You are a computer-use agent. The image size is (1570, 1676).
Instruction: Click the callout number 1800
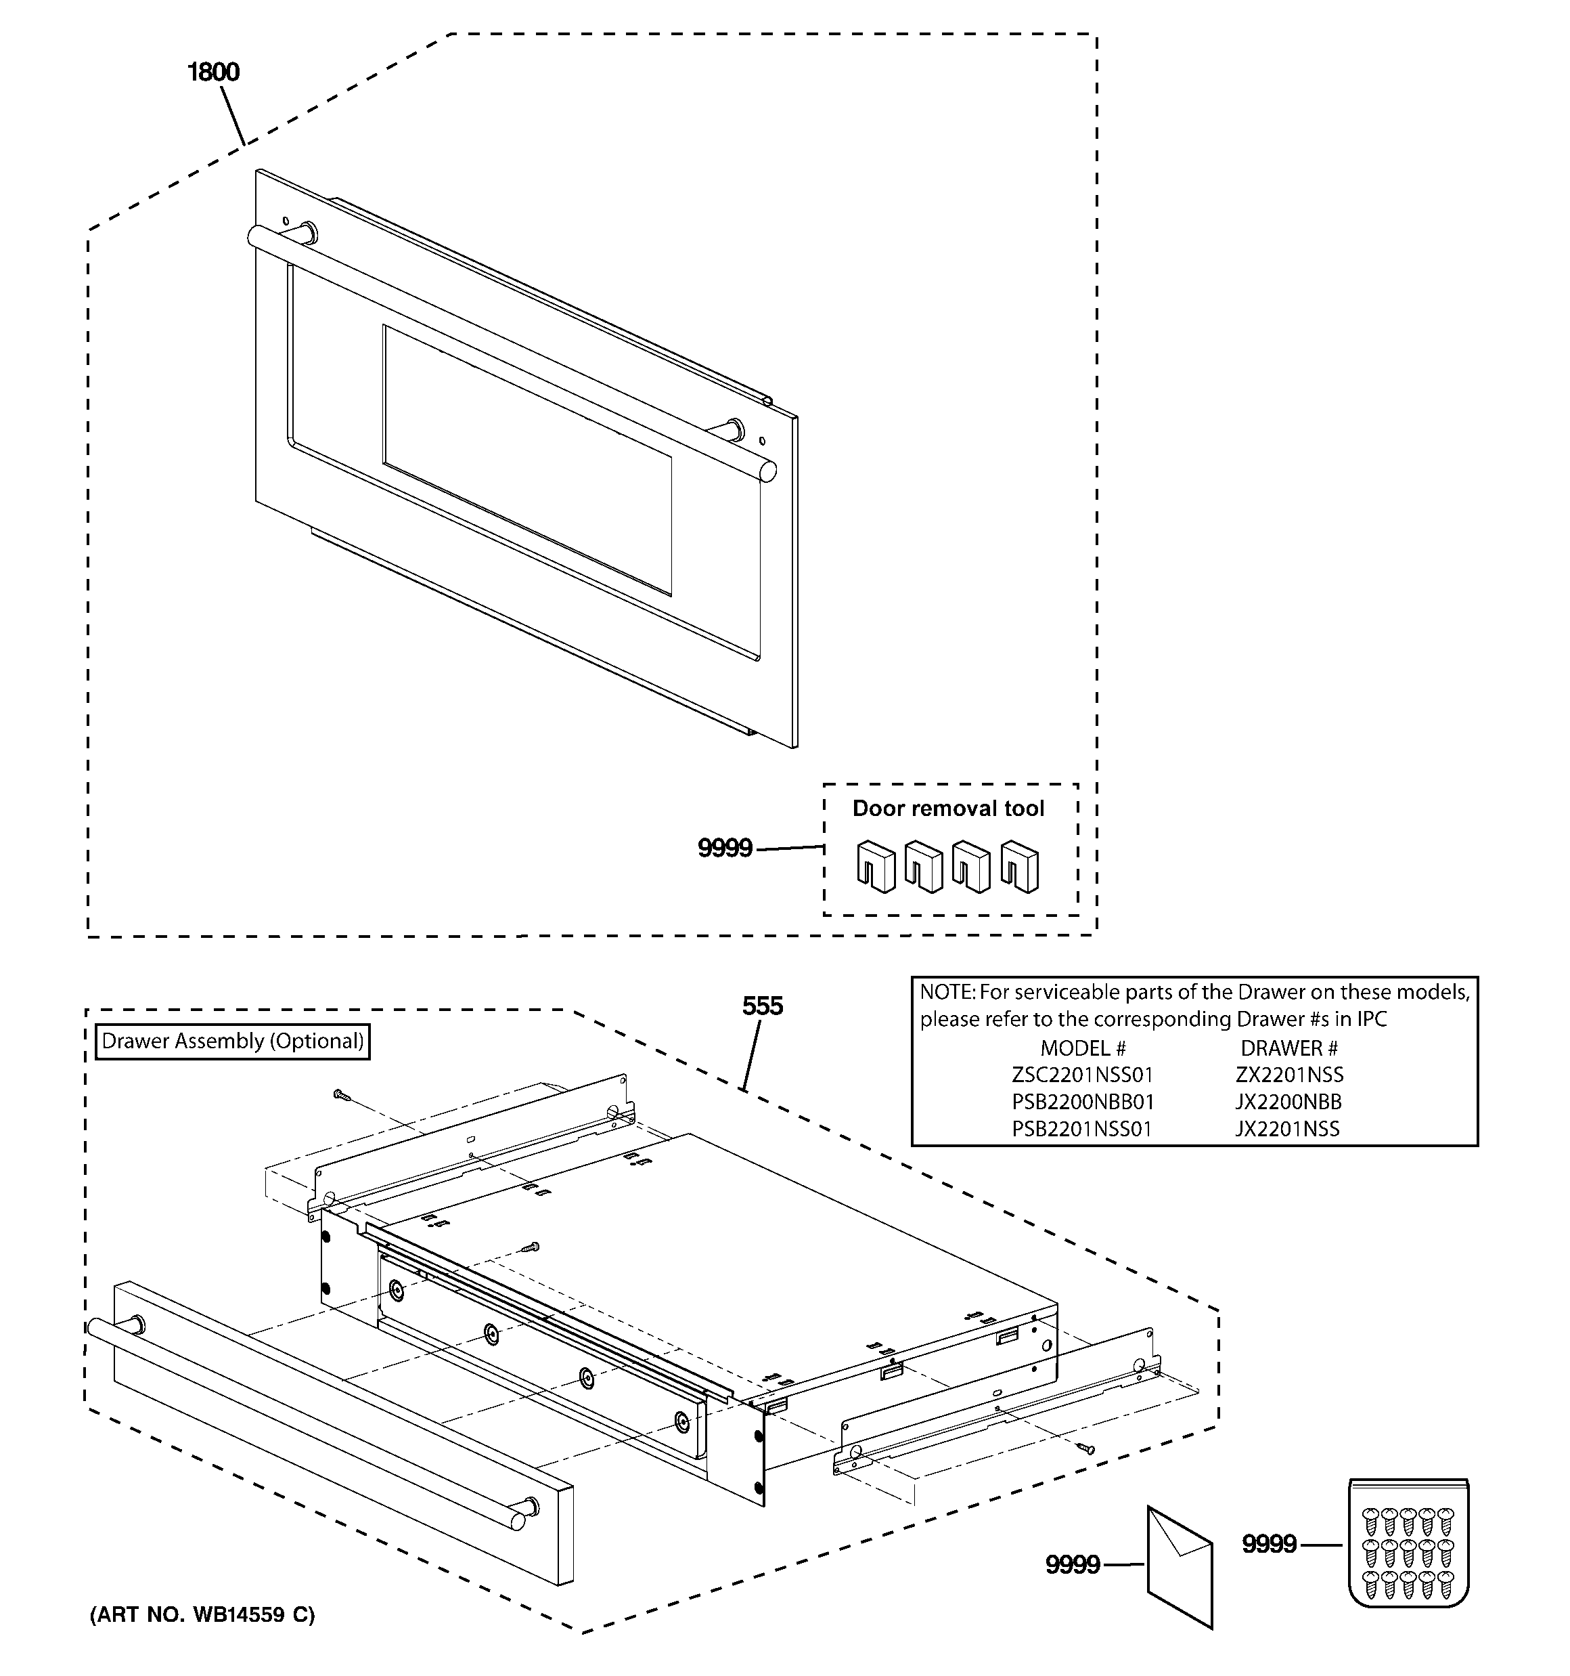click(x=213, y=72)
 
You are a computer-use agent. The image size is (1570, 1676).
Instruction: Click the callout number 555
click(x=762, y=1006)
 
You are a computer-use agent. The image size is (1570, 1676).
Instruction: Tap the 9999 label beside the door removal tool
click(x=725, y=848)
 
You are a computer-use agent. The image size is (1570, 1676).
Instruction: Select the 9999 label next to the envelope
click(x=1072, y=1565)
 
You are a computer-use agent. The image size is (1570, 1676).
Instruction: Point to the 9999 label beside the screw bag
click(x=1268, y=1544)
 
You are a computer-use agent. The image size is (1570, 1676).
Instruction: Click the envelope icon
click(x=1180, y=1566)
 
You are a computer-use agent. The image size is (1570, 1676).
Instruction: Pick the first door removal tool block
click(x=876, y=866)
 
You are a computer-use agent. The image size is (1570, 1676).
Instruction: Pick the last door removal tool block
click(x=1020, y=866)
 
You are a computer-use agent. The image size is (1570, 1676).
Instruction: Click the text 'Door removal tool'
click(x=948, y=809)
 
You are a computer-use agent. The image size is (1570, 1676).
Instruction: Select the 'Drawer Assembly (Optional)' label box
click(x=233, y=1041)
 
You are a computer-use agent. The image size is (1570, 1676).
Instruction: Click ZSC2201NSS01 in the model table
click(x=1082, y=1075)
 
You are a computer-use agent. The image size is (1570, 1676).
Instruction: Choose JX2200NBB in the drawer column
click(x=1288, y=1102)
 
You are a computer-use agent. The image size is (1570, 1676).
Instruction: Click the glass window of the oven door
click(x=526, y=460)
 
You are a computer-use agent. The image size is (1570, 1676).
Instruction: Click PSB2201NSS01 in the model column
click(x=1081, y=1129)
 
